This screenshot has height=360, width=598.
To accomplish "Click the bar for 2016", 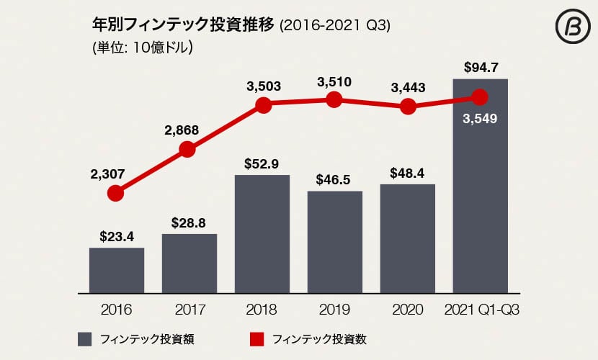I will [117, 270].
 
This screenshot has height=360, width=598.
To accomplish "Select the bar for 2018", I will [262, 233].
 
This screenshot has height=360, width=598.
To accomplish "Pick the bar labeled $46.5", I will [335, 241].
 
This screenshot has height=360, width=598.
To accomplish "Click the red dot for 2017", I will [187, 149].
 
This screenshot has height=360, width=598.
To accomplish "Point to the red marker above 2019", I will [333, 100].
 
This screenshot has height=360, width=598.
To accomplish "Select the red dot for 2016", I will [115, 193].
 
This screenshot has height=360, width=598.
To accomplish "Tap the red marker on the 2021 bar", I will [480, 96].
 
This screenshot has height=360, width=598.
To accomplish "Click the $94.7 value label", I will [480, 69].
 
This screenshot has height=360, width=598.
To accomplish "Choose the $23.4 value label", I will [117, 235].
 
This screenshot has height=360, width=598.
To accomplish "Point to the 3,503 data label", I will [263, 86].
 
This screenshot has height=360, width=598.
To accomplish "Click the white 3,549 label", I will [480, 117].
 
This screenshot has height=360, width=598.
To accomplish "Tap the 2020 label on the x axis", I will [408, 310].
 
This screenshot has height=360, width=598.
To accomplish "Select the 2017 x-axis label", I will [190, 310].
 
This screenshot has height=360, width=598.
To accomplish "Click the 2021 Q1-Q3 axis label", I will [481, 310].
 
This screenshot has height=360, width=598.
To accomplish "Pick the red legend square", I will [257, 338].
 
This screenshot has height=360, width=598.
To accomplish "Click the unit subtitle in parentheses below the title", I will [141, 49].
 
